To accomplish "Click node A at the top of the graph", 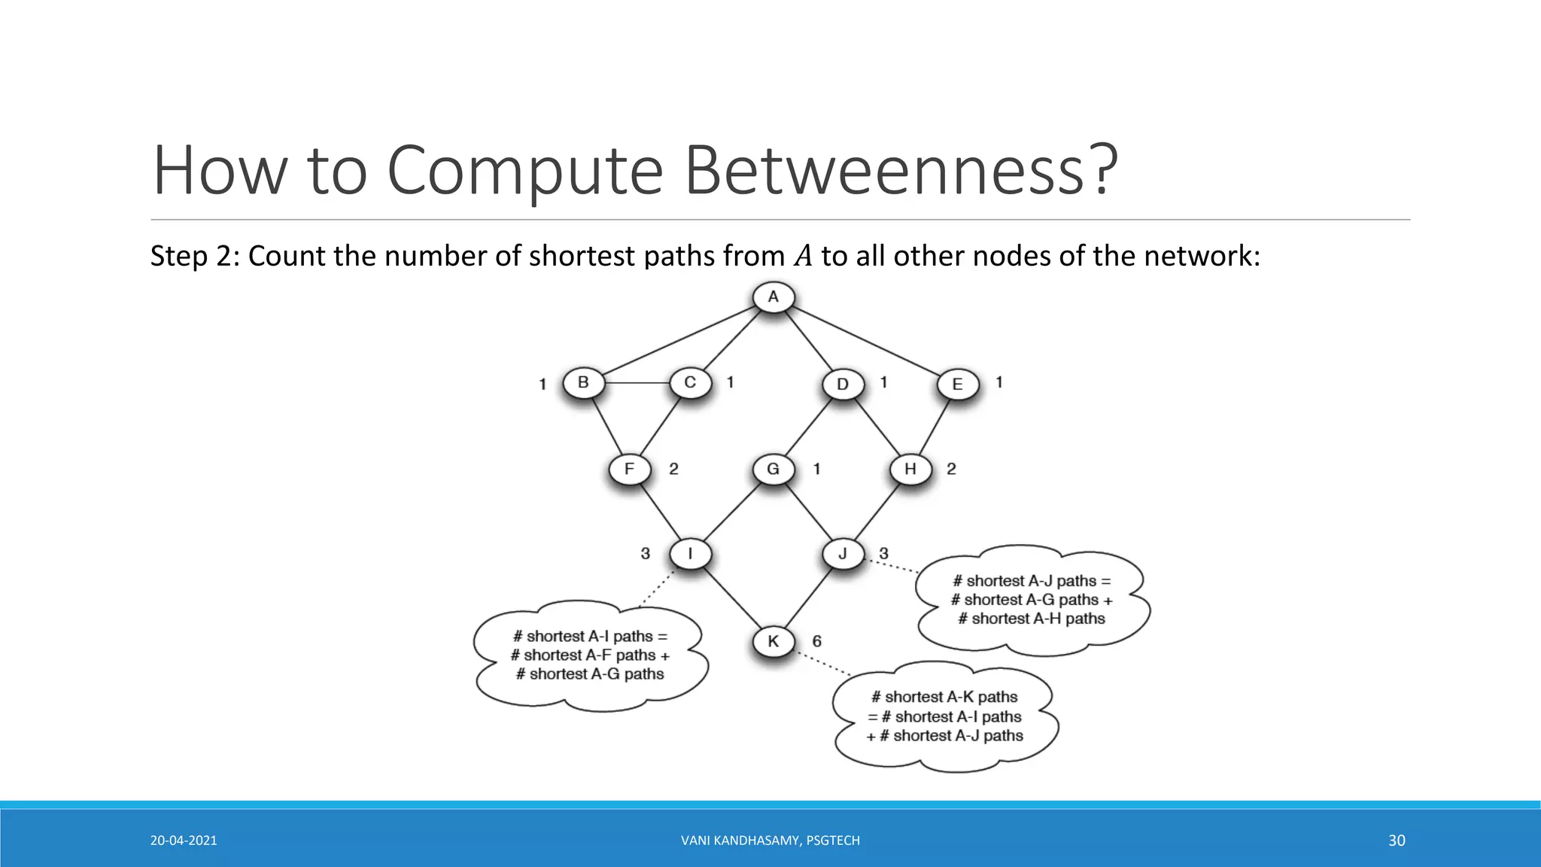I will coord(773,297).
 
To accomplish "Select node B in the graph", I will coord(583,382).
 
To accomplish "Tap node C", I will coord(690,382).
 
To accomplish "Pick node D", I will coord(842,384).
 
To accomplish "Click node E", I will coord(957,384).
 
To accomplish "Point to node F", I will coord(629,469).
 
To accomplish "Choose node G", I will coord(773,469).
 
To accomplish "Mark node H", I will coord(910,469).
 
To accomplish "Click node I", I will coord(690,555).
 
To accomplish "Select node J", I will coord(842,555).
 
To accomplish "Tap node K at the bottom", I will coord(773,641).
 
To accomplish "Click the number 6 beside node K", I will coord(816,641).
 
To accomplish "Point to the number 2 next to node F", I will coord(673,469).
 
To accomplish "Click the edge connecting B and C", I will coord(637,382).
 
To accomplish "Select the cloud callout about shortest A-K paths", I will coord(945,716).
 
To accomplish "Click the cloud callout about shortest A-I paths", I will coord(590,656).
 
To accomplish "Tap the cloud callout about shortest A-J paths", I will coord(1031,600).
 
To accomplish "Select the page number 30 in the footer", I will coord(1397,841).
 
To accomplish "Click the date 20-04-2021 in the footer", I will coord(184,841).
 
